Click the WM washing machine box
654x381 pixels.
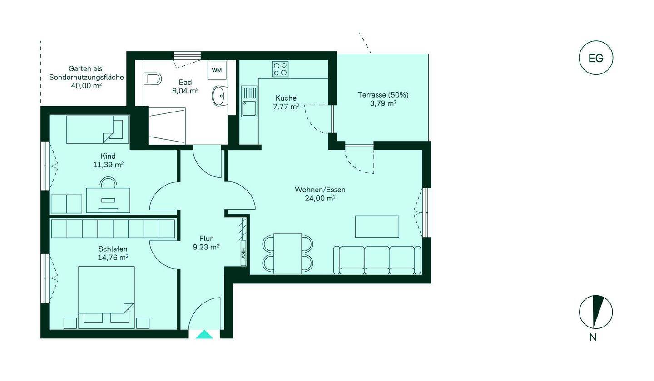217,70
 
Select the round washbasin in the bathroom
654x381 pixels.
219,96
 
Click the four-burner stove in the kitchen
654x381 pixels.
280,69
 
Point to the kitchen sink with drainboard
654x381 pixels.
249,102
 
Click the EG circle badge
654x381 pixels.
596,59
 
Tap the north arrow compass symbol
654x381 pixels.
595,312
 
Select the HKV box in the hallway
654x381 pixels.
243,254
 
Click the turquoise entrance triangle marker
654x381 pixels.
204,334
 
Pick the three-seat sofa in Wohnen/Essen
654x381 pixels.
377,260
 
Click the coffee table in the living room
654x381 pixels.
377,227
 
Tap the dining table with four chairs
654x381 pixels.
287,254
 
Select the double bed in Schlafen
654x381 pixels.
107,298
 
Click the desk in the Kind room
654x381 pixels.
108,200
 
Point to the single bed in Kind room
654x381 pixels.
98,129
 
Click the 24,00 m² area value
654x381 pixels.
320,198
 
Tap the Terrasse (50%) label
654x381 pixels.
383,95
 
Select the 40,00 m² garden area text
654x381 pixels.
86,86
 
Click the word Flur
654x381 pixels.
206,239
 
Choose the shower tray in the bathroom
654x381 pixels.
167,126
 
